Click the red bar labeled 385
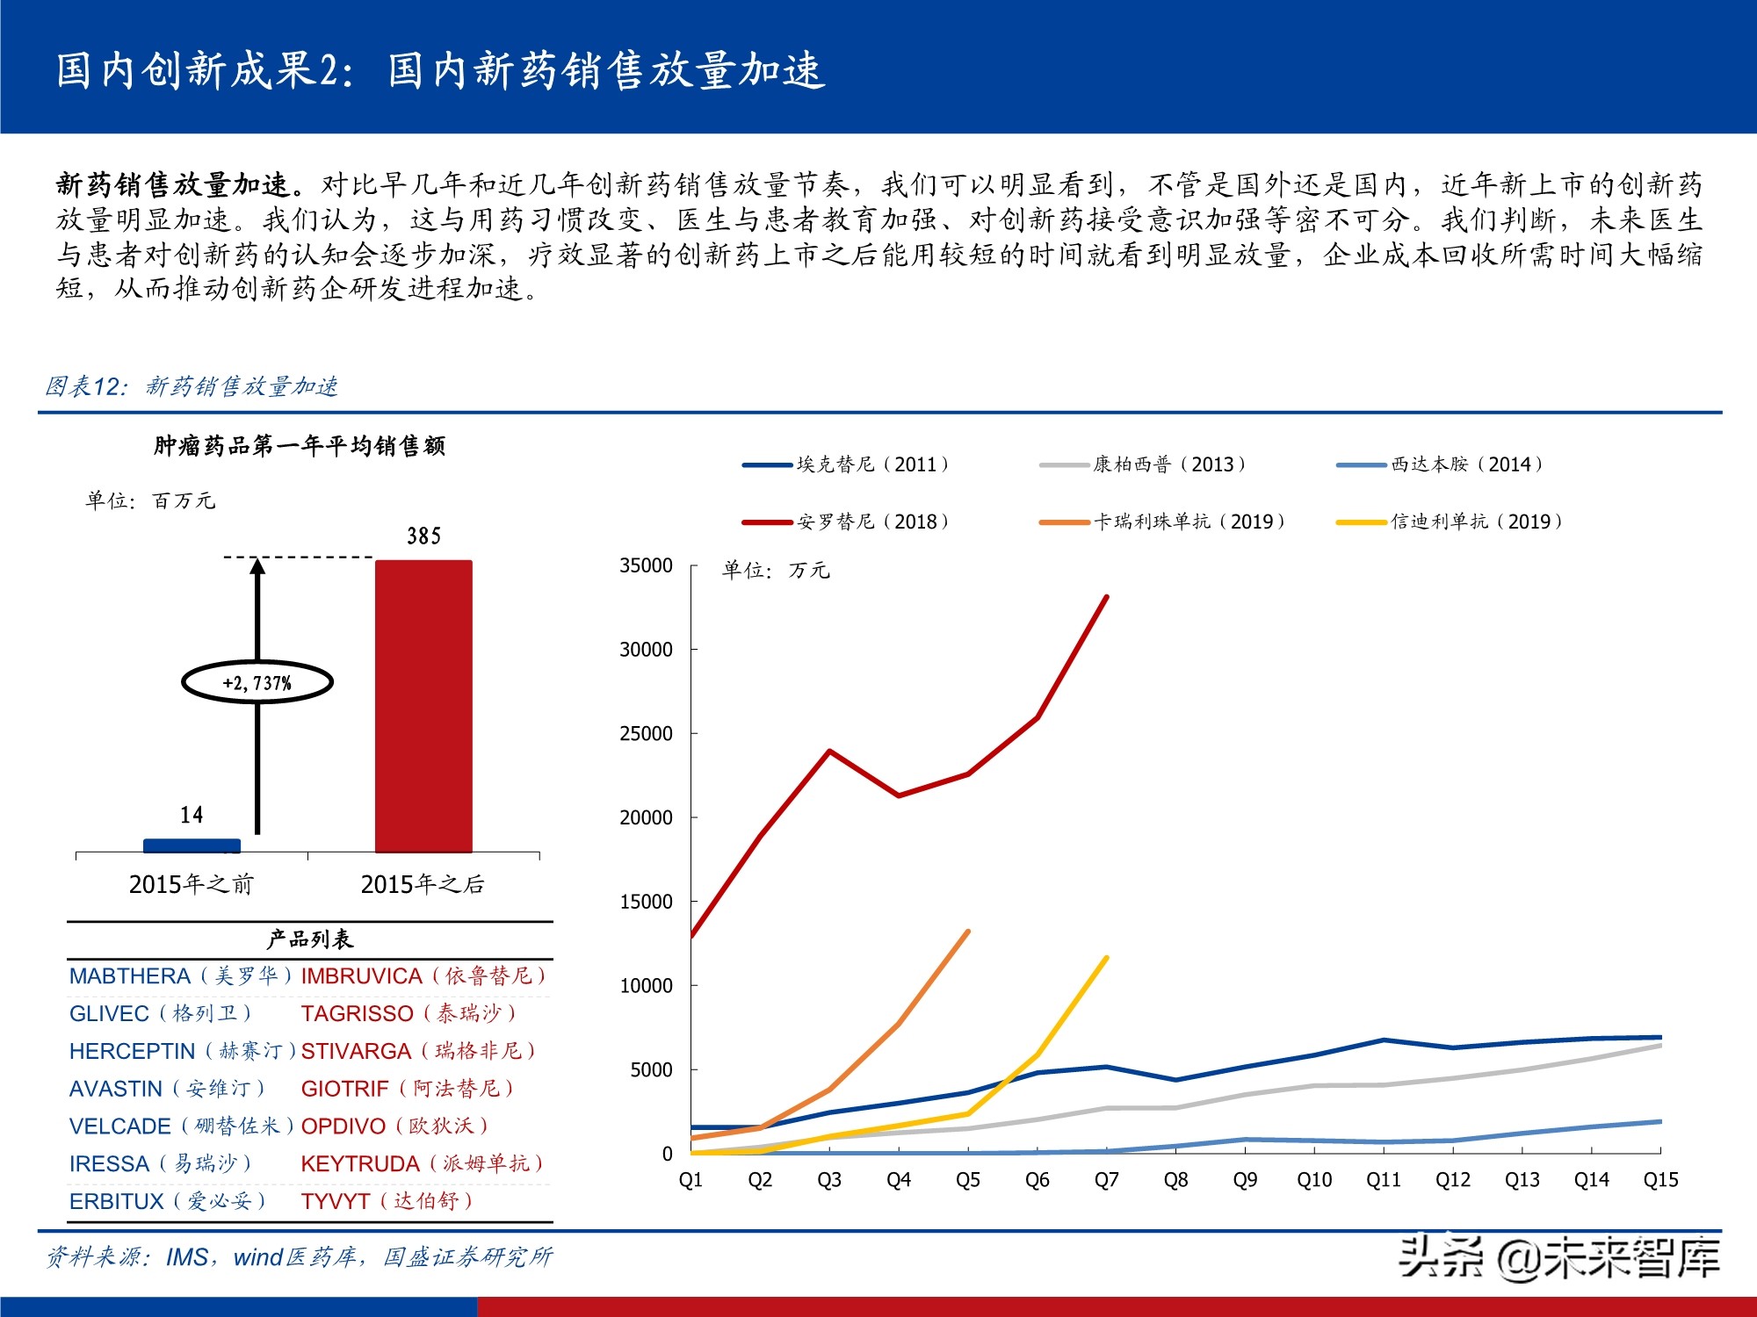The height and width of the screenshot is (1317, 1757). (x=423, y=706)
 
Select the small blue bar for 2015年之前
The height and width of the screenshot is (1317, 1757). (x=192, y=846)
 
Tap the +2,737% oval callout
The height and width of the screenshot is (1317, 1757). (x=257, y=682)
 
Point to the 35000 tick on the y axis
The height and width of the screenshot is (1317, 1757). (x=647, y=565)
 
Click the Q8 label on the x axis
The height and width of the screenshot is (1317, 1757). (x=1175, y=1180)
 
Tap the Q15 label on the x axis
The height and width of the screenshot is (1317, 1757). (x=1660, y=1180)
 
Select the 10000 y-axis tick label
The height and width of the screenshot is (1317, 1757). (x=647, y=986)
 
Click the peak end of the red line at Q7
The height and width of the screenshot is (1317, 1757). (x=1106, y=597)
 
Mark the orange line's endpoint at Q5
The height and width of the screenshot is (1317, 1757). (x=967, y=932)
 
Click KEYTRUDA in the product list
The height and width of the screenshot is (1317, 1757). (x=360, y=1163)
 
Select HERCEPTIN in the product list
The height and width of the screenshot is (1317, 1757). (x=133, y=1051)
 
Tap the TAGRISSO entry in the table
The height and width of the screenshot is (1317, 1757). (x=357, y=1013)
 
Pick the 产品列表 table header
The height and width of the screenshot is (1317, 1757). (x=309, y=939)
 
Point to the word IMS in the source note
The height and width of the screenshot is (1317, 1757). (x=187, y=1257)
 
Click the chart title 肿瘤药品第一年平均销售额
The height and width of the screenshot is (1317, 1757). (x=300, y=446)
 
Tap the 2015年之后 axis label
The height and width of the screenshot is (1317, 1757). (x=423, y=884)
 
